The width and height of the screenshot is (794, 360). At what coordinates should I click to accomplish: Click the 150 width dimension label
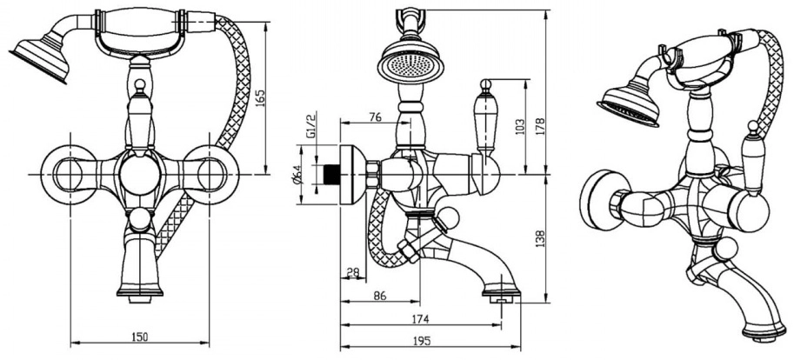[139, 337]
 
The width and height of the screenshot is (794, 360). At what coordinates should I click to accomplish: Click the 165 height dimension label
[260, 97]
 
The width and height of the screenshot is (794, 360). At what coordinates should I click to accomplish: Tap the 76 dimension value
[375, 117]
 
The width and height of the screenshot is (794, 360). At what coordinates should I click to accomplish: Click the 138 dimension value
[540, 239]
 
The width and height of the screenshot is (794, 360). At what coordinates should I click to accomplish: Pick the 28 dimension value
[352, 273]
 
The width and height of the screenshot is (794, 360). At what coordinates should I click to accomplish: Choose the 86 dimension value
[379, 296]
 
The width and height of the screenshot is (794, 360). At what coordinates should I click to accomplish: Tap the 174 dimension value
[420, 319]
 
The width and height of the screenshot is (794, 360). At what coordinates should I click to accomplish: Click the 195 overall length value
[421, 341]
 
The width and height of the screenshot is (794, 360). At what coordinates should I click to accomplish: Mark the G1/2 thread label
[311, 125]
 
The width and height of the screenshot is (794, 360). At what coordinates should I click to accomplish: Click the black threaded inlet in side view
[331, 174]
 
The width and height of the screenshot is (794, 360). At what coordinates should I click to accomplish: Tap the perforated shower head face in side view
[410, 67]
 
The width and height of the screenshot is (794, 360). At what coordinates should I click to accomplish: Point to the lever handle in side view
[485, 117]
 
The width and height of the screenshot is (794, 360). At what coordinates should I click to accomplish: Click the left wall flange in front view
[68, 175]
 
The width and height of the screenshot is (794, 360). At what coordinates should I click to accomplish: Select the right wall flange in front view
[211, 175]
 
